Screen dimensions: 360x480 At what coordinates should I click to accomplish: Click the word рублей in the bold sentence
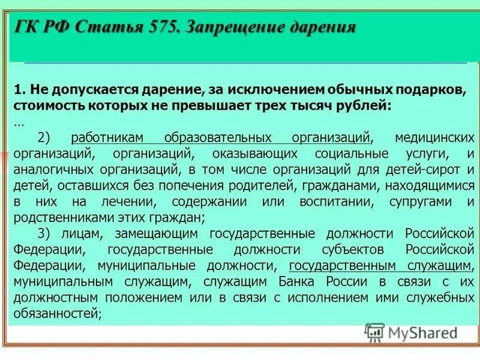coord(359,106)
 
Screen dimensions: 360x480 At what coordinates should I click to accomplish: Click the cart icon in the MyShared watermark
coord(374,332)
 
